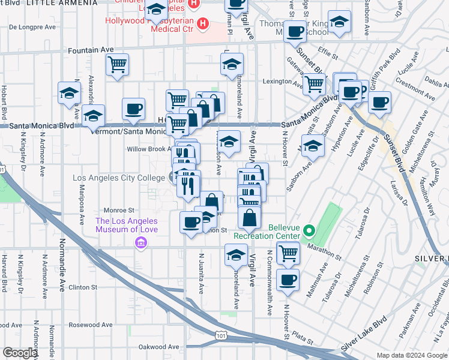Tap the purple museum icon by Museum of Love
[x=141, y=242]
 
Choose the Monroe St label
[x=118, y=211]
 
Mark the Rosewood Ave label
[x=91, y=325]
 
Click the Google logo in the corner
[x=20, y=353]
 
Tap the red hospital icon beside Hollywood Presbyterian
[x=203, y=25]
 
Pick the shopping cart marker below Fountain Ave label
[x=117, y=64]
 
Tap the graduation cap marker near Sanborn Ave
[x=313, y=145]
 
